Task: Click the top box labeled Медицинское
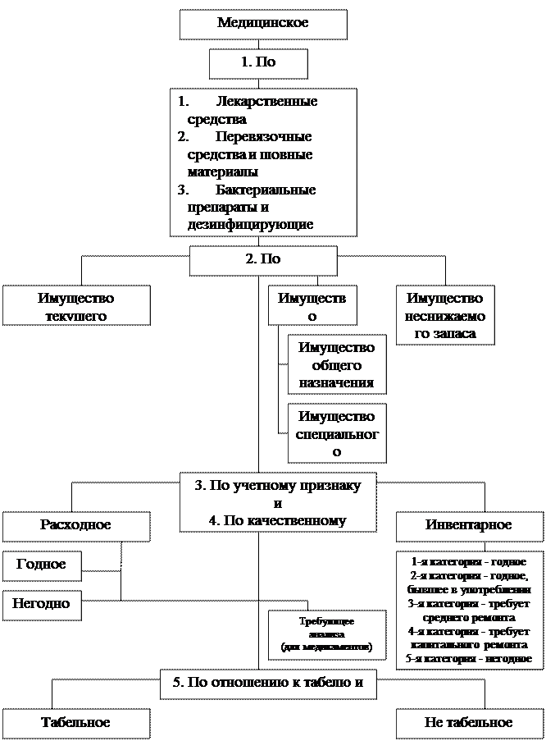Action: click(262, 24)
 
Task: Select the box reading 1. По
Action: click(258, 63)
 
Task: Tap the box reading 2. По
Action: click(263, 260)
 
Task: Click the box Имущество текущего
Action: click(76, 307)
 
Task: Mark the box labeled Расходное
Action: click(76, 526)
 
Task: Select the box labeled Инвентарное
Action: click(469, 526)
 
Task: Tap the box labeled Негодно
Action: click(42, 605)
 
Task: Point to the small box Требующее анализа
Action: click(326, 634)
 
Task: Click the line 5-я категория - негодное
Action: click(470, 659)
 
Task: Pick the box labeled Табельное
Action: click(76, 723)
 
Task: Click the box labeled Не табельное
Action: click(469, 723)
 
